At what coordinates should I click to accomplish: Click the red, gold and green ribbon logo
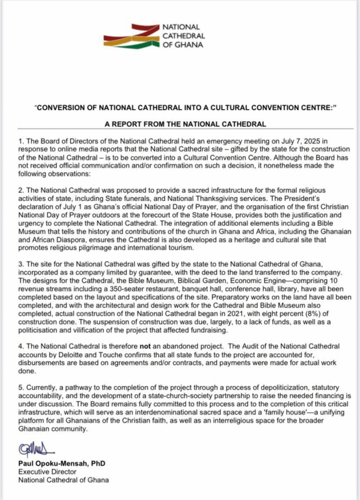tap(132, 36)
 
